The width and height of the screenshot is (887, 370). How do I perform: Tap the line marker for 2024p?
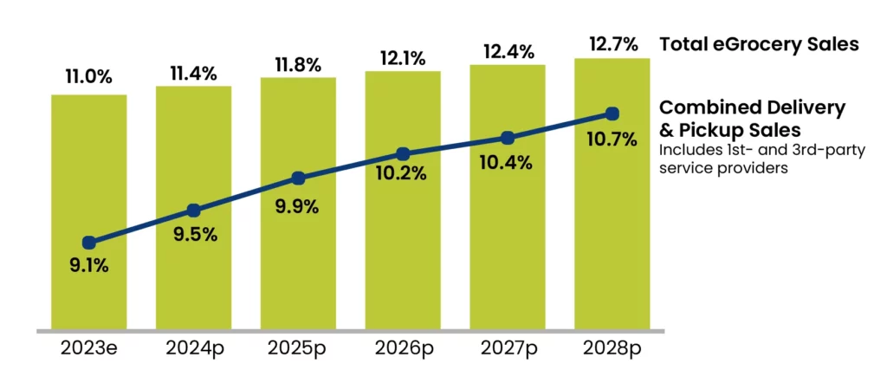(193, 211)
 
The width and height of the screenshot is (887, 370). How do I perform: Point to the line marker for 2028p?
(612, 114)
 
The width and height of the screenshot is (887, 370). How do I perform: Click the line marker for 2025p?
(298, 179)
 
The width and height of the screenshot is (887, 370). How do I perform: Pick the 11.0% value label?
(88, 77)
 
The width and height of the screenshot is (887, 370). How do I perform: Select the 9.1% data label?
(88, 266)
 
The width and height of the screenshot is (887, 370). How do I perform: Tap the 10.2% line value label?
(403, 174)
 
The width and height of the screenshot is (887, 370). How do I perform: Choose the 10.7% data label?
(612, 138)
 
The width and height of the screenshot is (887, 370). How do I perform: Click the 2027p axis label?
(508, 349)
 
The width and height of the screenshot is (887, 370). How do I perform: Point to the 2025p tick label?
(298, 349)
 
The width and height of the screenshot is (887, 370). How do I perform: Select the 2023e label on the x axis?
(88, 349)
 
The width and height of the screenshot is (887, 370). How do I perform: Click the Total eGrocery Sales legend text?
(759, 44)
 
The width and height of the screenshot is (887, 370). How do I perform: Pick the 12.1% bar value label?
(403, 58)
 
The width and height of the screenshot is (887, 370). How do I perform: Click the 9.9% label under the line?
(298, 207)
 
